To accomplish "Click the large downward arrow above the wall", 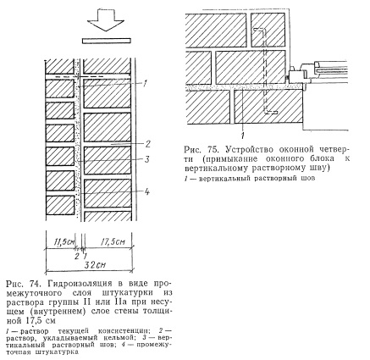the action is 106,19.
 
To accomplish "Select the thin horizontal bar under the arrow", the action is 107,41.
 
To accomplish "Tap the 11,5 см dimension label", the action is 63,241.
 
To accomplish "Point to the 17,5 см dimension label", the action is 113,241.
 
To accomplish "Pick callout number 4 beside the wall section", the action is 146,192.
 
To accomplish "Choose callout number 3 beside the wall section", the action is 146,159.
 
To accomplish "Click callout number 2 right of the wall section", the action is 147,144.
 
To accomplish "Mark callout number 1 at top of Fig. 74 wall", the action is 145,84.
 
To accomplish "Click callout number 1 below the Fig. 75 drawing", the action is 242,136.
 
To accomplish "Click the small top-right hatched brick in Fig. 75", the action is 268,30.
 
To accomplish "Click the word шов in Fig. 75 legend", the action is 308,179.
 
